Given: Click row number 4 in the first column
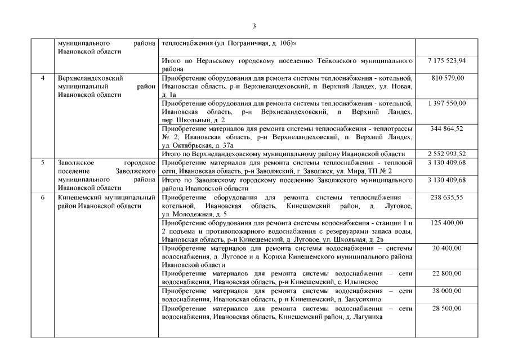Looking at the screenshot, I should tap(43, 78).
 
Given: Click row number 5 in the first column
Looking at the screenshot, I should tap(43, 163).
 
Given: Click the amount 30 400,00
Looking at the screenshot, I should tap(447, 248).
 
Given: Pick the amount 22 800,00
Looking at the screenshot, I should tap(447, 273).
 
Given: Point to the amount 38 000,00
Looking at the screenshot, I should tap(447, 291).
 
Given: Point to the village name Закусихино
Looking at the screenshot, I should tap(364, 300).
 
